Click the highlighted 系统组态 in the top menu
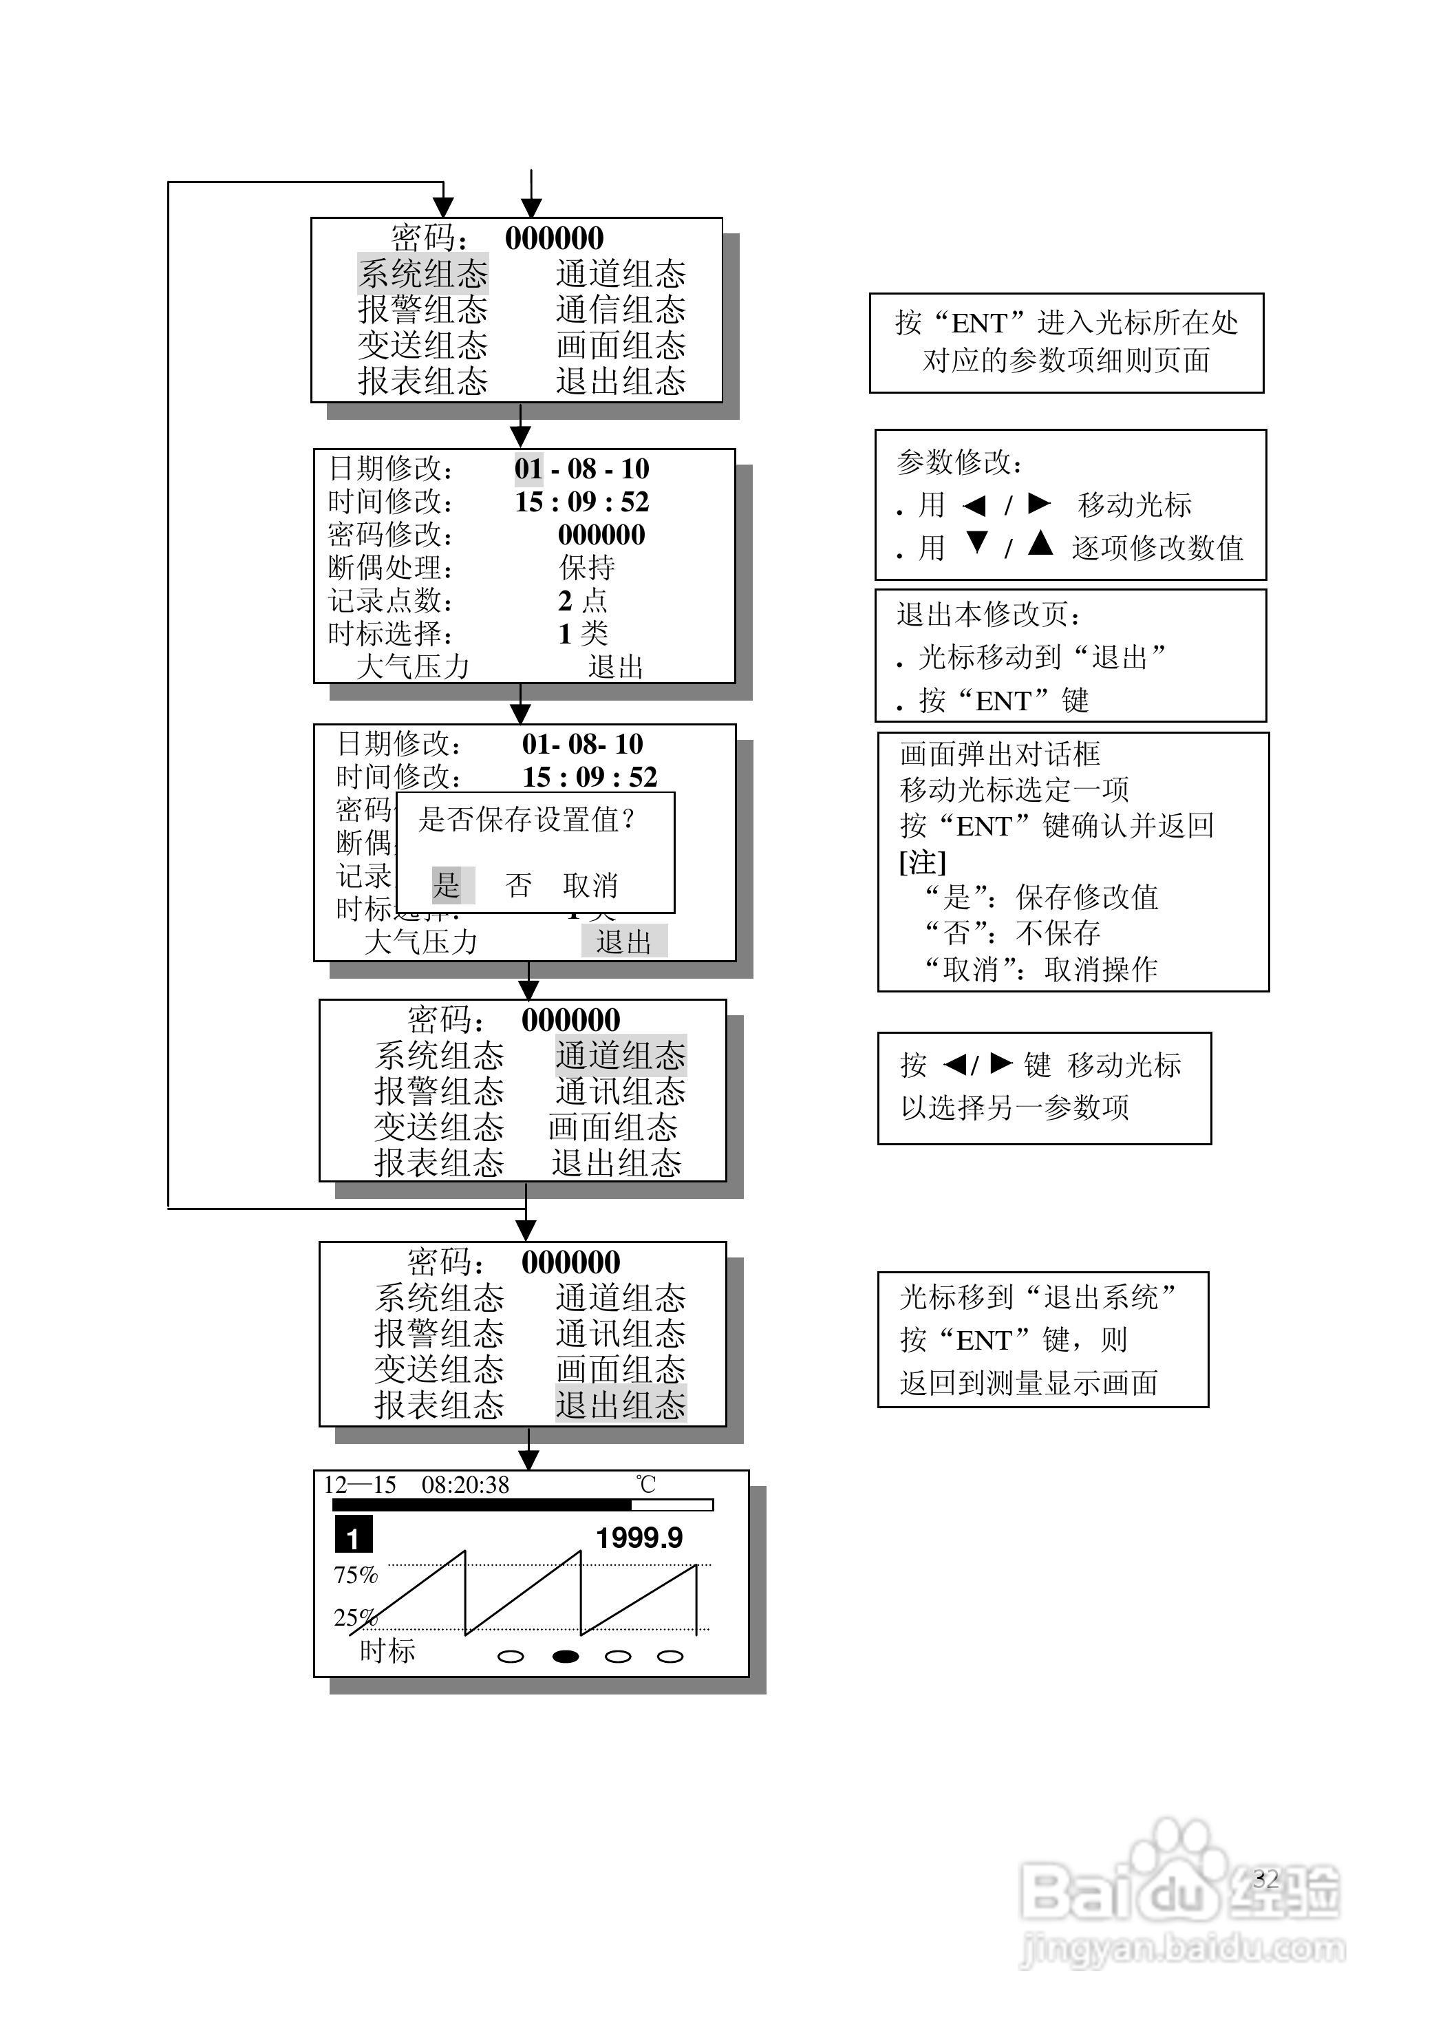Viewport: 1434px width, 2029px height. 422,274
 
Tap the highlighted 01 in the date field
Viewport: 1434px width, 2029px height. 528,469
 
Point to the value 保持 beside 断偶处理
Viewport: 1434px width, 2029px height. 587,567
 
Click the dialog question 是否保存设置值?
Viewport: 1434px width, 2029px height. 526,819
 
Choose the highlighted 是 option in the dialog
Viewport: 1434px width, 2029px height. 448,884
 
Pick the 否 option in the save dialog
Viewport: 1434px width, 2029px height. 519,884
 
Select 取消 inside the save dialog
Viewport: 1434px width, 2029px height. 590,884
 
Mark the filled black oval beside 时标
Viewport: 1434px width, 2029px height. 566,1656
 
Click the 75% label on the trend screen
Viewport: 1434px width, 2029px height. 355,1575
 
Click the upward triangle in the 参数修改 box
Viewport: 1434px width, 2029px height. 1041,544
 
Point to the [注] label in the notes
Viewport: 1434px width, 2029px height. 923,862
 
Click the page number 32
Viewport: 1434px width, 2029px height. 1265,1879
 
